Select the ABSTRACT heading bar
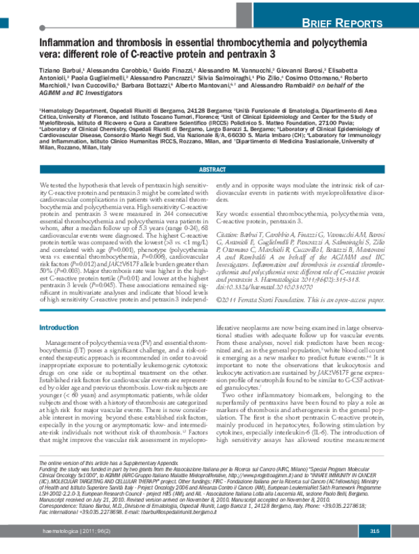point(209,170)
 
